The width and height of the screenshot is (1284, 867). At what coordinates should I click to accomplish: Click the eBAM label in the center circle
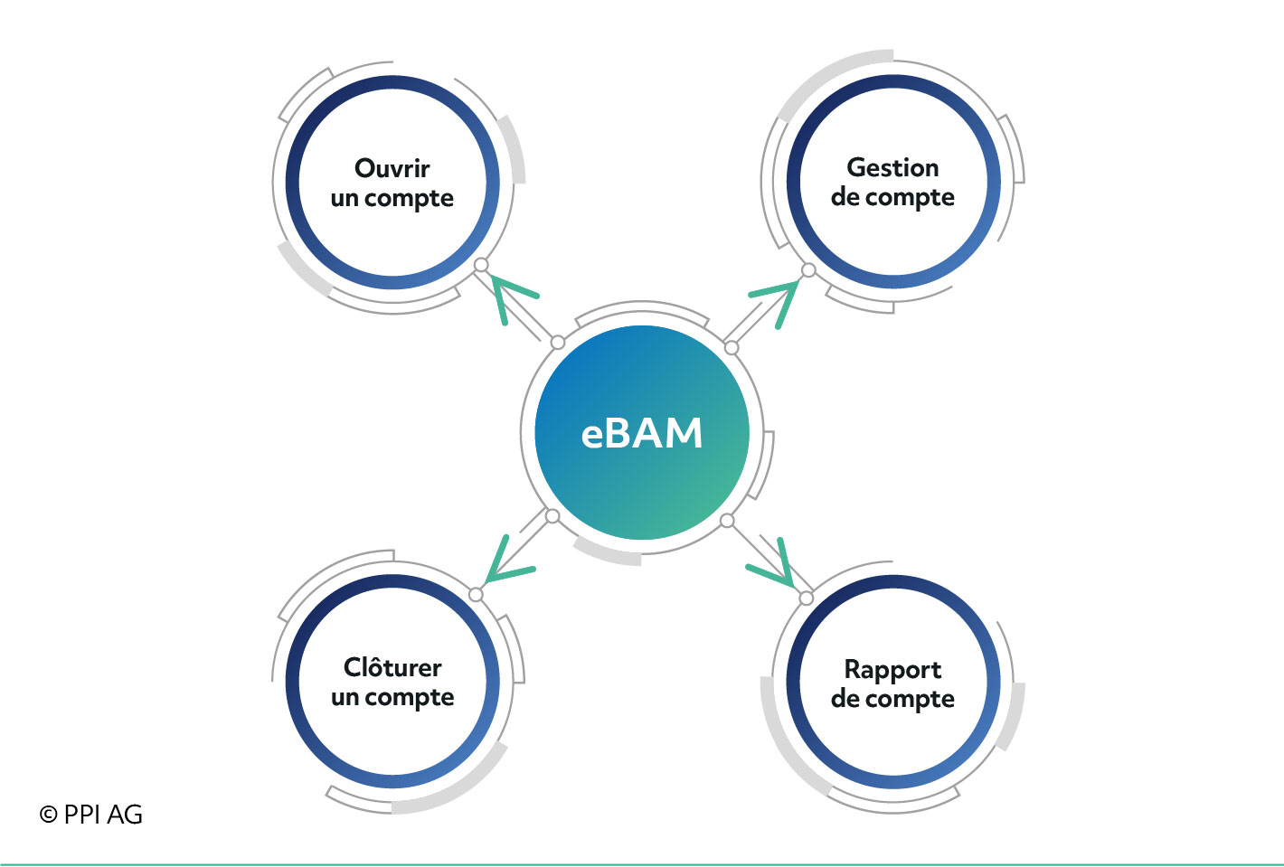[641, 433]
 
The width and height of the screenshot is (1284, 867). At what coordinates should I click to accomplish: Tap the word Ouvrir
[392, 168]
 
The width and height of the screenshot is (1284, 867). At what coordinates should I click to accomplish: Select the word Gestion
[892, 167]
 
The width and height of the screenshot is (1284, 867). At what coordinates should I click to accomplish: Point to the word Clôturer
[392, 667]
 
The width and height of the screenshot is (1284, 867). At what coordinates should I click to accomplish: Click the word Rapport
[892, 670]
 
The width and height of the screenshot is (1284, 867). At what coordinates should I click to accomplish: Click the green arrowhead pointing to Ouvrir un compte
[513, 299]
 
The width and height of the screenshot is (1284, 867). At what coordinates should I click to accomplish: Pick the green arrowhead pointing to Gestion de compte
[775, 304]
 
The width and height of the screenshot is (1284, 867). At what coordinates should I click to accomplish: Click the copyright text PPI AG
[103, 815]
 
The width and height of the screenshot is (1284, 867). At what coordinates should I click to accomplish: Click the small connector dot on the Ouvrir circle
[481, 265]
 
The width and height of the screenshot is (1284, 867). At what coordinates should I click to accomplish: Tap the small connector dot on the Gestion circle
[808, 270]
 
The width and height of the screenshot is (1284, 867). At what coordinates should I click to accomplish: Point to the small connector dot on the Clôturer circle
[476, 594]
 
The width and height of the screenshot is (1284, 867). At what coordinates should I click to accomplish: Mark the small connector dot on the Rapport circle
[806, 598]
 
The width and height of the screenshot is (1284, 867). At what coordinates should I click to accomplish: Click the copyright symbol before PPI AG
[49, 815]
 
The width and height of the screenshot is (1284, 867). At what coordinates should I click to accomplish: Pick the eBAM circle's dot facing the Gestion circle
[731, 347]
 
